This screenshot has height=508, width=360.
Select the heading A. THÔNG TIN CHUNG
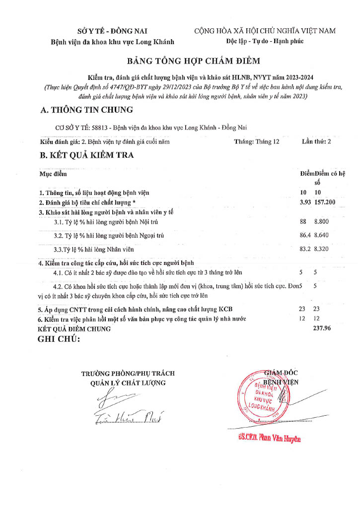pyautogui.click(x=87, y=110)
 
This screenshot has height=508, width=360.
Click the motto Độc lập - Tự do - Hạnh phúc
pyautogui.click(x=265, y=41)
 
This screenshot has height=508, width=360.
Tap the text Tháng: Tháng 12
pyautogui.click(x=257, y=141)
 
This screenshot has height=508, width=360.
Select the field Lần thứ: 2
pyautogui.click(x=316, y=141)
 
